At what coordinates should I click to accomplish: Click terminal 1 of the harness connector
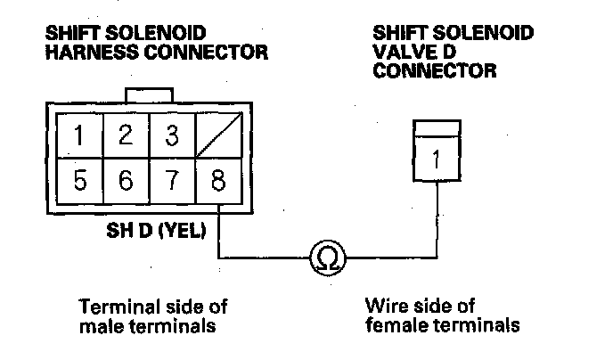[80, 136]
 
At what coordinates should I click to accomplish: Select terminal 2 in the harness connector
[126, 136]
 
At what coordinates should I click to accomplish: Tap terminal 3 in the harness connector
[170, 136]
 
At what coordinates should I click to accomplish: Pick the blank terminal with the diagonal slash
[217, 136]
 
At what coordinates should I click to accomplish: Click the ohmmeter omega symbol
[326, 259]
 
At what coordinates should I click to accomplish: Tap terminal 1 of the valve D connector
[437, 161]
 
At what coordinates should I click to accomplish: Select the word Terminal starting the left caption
[113, 307]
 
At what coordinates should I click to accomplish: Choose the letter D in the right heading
[440, 52]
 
